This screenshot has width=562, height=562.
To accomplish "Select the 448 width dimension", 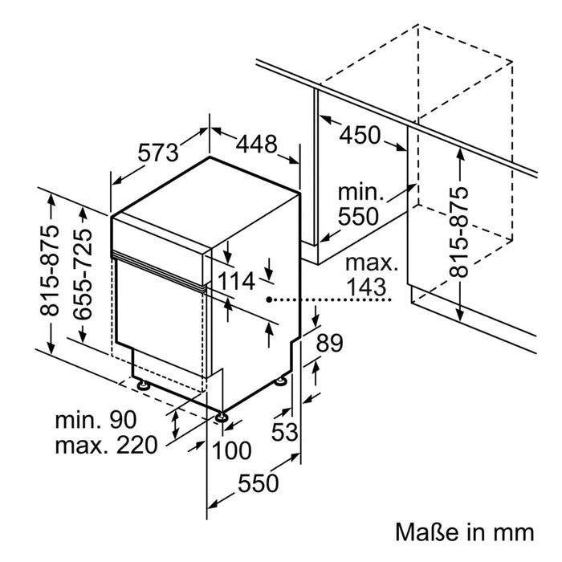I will (256, 145).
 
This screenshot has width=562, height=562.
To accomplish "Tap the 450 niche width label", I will (360, 135).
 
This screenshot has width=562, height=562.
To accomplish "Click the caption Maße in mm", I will (464, 532).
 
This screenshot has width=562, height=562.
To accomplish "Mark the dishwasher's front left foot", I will (144, 386).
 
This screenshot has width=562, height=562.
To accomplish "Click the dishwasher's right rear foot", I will (282, 381).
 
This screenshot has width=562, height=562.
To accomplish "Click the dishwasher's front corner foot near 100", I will (221, 416).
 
